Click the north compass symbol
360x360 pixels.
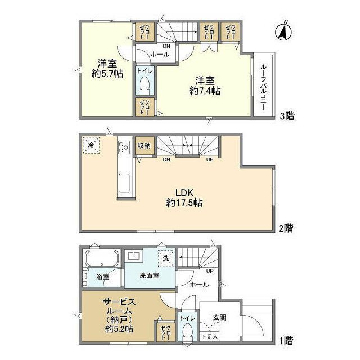[283, 31]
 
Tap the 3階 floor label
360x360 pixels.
[287, 116]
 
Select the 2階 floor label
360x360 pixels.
[286, 228]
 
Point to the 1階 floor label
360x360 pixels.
[286, 341]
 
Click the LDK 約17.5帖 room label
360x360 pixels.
[184, 197]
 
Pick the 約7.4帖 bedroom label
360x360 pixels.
[205, 86]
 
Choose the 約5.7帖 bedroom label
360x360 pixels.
[107, 69]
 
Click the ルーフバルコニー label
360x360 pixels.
[263, 87]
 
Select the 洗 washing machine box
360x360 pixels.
[166, 259]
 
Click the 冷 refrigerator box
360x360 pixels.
[91, 145]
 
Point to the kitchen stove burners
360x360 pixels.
[124, 147]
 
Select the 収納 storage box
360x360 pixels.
[144, 146]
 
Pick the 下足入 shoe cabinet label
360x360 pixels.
[209, 337]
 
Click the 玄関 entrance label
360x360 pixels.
[220, 318]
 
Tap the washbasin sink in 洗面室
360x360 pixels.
[134, 255]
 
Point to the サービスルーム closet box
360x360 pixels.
[166, 332]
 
